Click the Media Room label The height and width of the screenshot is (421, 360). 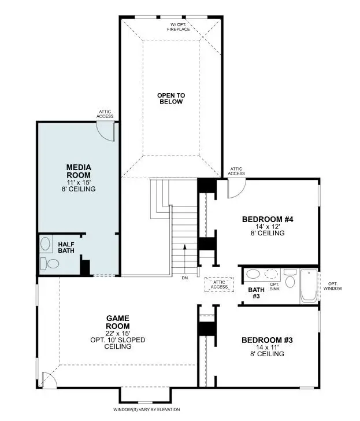pos(79,171)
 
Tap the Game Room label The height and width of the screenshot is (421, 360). pos(118,322)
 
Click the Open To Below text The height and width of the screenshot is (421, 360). pos(171,98)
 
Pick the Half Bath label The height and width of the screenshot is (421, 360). pos(66,248)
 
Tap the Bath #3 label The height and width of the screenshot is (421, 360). pos(256,293)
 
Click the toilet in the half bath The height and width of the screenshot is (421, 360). pos(49,263)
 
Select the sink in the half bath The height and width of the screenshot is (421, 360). pos(45,244)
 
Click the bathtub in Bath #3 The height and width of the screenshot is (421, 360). pos(309,286)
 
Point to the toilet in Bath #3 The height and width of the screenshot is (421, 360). pos(290,279)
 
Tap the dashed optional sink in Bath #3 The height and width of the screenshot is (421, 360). pos(272,274)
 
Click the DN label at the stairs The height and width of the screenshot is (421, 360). pos(185,278)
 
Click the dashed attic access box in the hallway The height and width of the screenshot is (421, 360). pos(219,285)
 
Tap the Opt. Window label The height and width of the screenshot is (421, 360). pos(333,286)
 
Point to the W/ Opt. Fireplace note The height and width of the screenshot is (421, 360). pos(179,27)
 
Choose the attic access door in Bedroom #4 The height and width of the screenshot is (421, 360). pos(236,189)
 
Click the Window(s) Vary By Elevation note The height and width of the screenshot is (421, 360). pos(146,409)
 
